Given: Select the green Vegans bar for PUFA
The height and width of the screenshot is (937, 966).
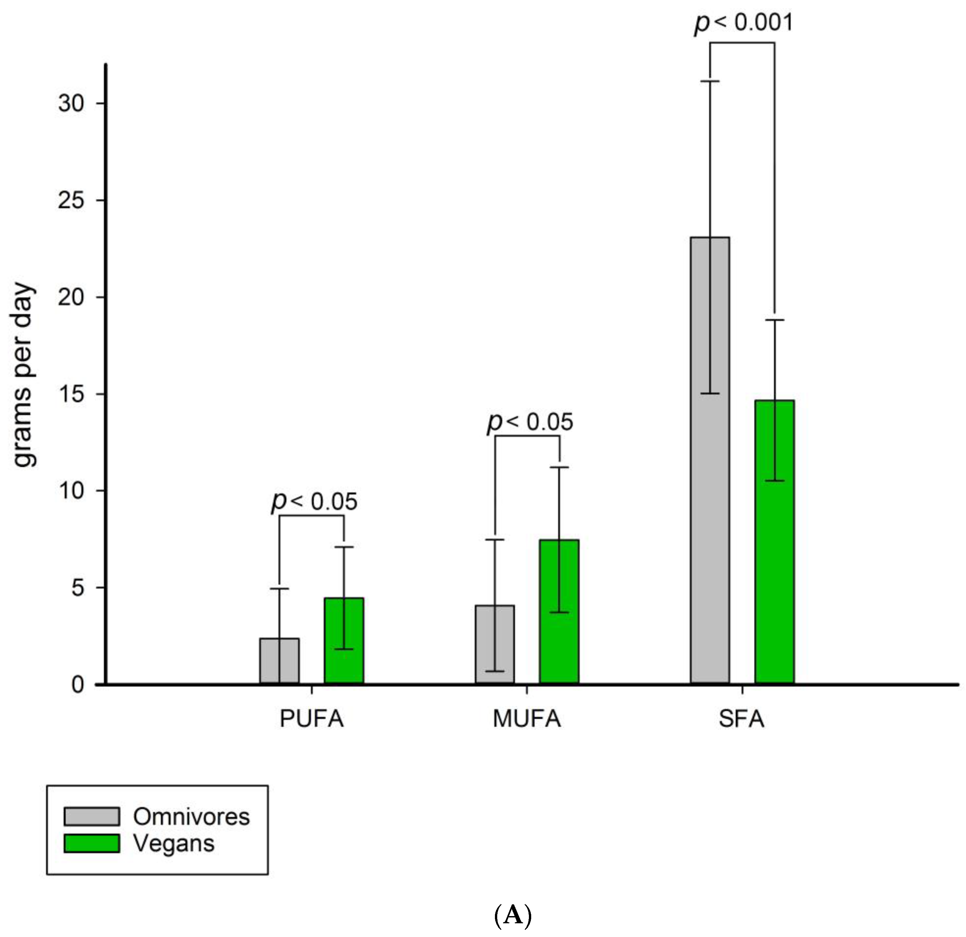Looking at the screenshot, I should click(344, 641).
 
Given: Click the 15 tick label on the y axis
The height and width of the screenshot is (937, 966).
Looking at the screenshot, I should click(71, 394).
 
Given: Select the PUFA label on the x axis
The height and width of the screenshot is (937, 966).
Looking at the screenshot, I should click(311, 719).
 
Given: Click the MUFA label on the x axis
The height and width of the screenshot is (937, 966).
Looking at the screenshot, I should click(527, 719).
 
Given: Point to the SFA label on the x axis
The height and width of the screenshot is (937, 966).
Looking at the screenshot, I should click(741, 719).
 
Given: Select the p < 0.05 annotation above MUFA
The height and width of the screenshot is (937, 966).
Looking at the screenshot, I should click(530, 422).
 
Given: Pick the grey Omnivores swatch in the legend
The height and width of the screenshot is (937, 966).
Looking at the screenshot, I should click(92, 816).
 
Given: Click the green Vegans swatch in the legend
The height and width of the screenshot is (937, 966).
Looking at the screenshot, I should click(92, 843).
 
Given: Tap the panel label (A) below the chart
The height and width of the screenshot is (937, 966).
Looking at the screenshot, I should click(513, 915).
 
